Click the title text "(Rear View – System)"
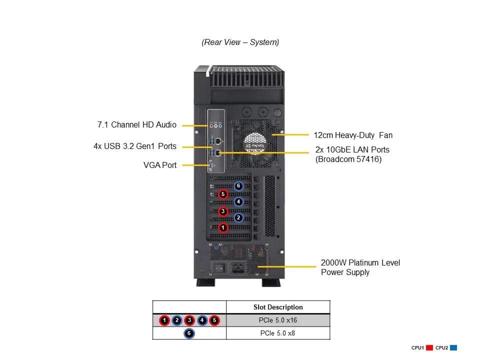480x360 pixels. pyautogui.click(x=240, y=42)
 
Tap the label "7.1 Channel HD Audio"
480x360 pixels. pyautogui.click(x=136, y=124)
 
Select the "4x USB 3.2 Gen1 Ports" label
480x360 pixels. pyautogui.click(x=135, y=146)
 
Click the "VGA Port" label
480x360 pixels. pyautogui.click(x=160, y=165)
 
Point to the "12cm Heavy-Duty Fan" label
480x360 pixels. pyautogui.click(x=353, y=135)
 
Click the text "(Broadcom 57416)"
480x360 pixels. pyautogui.click(x=348, y=159)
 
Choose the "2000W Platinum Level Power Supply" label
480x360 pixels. pyautogui.click(x=360, y=267)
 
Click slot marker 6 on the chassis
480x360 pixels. pyautogui.click(x=238, y=186)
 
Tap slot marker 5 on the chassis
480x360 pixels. pyautogui.click(x=223, y=194)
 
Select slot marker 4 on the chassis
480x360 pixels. pyautogui.click(x=238, y=202)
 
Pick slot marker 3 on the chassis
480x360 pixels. pyautogui.click(x=223, y=211)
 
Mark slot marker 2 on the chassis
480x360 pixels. pyautogui.click(x=238, y=218)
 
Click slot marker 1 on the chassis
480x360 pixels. pyautogui.click(x=223, y=227)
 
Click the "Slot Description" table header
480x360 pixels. pyautogui.click(x=278, y=307)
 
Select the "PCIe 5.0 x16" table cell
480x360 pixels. pyautogui.click(x=278, y=320)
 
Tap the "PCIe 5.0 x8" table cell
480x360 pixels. pyautogui.click(x=278, y=333)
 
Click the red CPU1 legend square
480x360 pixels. pyautogui.click(x=429, y=348)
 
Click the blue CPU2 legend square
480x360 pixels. pyautogui.click(x=453, y=348)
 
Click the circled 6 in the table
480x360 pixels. pyautogui.click(x=189, y=333)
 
